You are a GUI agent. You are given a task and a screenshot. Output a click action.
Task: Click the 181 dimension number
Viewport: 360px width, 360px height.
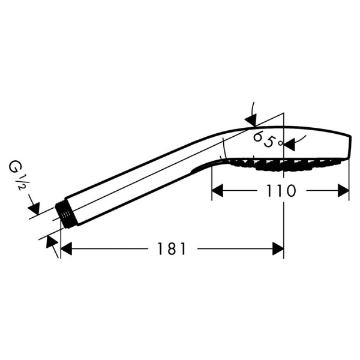click(x=172, y=249)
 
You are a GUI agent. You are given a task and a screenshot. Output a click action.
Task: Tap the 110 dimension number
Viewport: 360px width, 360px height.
click(x=281, y=191)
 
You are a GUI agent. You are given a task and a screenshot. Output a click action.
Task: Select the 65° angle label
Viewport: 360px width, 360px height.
click(x=268, y=140)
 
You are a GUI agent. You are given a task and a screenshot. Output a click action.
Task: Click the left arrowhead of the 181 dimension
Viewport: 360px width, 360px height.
click(x=66, y=248)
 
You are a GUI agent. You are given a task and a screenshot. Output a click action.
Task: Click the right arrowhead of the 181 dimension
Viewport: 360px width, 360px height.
click(x=278, y=248)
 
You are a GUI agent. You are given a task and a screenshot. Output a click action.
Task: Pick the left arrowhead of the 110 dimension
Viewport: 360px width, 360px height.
click(x=217, y=191)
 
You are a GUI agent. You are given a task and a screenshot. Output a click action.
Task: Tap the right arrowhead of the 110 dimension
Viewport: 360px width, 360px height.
click(x=343, y=191)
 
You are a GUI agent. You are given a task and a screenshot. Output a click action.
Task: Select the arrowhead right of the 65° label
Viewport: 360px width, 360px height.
click(x=289, y=145)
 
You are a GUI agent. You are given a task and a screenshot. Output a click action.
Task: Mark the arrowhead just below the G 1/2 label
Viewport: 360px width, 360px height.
click(x=34, y=208)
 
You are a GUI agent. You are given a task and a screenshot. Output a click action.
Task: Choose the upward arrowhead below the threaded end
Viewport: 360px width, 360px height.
click(x=52, y=242)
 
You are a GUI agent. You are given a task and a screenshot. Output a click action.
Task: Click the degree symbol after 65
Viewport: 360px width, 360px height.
click(x=280, y=143)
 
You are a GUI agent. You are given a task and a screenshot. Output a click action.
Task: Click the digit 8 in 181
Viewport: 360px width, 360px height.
click(x=172, y=249)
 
